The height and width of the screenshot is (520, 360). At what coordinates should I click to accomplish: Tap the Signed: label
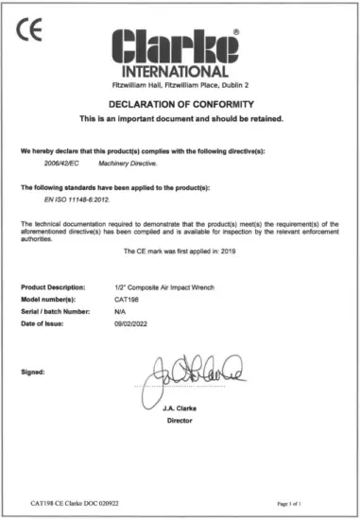click(34, 373)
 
